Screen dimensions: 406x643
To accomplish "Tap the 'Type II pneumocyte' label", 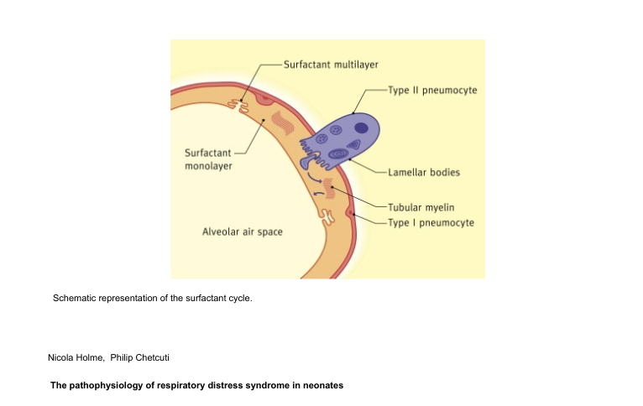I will [432, 90].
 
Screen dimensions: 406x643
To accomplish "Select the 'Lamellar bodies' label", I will [424, 172].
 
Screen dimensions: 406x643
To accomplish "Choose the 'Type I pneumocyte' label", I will [431, 222].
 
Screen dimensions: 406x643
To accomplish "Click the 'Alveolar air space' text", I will [243, 231].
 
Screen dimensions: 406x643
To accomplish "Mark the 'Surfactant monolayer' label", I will [208, 159].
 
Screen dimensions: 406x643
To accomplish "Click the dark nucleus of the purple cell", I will [361, 128].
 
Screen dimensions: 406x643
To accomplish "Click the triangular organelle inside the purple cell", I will [354, 145].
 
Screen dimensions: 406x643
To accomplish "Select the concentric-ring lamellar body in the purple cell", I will [337, 154].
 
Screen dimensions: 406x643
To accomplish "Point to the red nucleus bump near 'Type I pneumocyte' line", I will [351, 213].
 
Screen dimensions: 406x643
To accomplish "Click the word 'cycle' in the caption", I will [238, 298].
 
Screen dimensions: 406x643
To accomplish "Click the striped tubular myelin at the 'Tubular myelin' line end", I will [329, 189].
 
